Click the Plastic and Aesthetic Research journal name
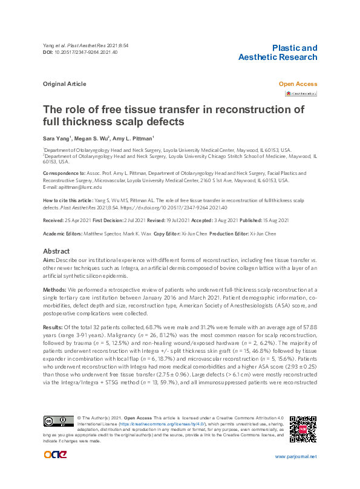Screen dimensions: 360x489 [277, 52]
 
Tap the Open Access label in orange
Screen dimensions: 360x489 [297, 84]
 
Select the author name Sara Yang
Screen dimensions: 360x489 [54, 139]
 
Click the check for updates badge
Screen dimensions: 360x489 [301, 94]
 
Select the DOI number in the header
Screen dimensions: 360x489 [87, 53]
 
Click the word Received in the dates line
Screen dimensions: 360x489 [54, 220]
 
